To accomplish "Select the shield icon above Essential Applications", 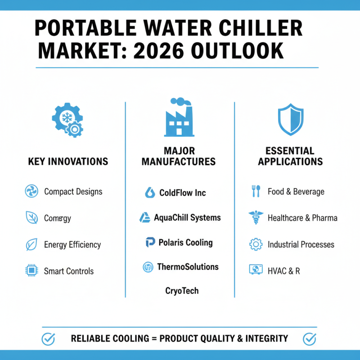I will tap(290, 119).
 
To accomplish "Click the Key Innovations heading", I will tap(68, 161).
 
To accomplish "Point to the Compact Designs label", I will tap(73, 192).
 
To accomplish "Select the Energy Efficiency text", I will tap(72, 245).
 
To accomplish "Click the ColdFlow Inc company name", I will tap(182, 193).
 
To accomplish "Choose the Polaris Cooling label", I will tap(185, 243).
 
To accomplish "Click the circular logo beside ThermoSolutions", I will tap(148, 267).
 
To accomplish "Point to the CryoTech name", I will tap(182, 291).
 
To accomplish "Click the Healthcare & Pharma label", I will tap(302, 218).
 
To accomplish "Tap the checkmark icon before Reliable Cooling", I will tap(48, 338).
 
